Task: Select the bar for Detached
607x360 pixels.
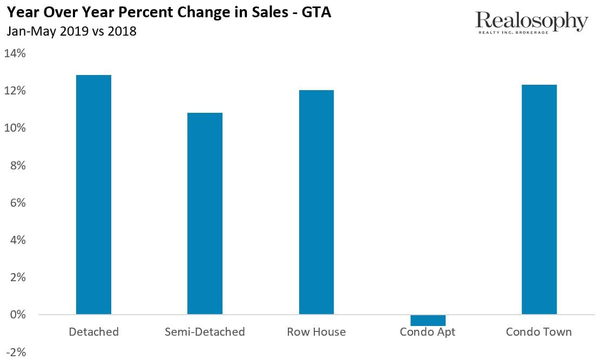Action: (x=93, y=194)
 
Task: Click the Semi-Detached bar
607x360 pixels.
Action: (x=205, y=213)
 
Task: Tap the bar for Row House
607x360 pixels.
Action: (x=316, y=202)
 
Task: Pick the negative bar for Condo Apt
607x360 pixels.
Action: (x=428, y=320)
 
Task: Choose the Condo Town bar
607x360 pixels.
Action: (x=539, y=199)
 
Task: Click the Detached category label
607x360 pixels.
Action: (x=93, y=332)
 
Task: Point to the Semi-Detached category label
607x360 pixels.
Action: (x=205, y=332)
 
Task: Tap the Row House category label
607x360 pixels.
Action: (x=316, y=332)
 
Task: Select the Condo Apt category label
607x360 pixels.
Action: (x=428, y=332)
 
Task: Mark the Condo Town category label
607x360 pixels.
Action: (x=538, y=332)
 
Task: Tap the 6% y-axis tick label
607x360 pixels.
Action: (x=17, y=203)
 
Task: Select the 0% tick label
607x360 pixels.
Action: (x=17, y=315)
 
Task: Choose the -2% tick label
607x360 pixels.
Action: (x=16, y=352)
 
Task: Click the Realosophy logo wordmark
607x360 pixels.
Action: (x=531, y=22)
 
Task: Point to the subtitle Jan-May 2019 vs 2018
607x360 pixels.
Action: (x=71, y=31)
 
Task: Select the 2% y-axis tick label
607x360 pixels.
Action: (x=17, y=277)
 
